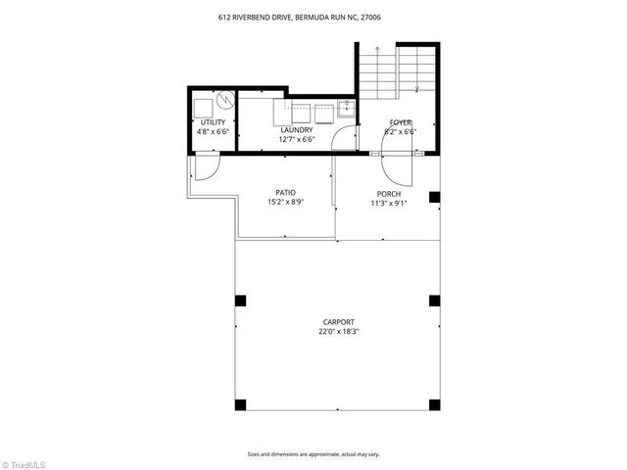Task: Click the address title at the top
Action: (x=313, y=17)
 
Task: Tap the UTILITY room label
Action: (x=213, y=122)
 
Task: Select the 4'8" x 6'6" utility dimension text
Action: (x=213, y=131)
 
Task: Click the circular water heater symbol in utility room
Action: (x=223, y=100)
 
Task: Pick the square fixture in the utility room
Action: (x=203, y=106)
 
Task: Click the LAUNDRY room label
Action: (x=296, y=130)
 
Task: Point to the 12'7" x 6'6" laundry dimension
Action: (x=296, y=139)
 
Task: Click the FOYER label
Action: (x=401, y=122)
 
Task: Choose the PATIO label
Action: (x=285, y=193)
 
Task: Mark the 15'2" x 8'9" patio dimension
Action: (x=285, y=202)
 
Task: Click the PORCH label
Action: (x=389, y=194)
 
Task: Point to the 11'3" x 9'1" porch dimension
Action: (x=389, y=203)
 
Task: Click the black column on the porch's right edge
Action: (x=434, y=197)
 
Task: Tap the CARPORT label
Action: (x=338, y=322)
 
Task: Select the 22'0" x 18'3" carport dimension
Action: (x=338, y=331)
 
